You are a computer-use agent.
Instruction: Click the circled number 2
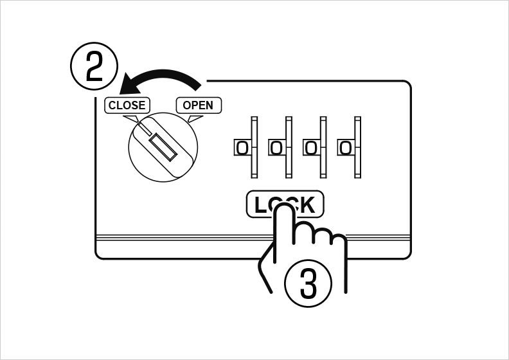94,66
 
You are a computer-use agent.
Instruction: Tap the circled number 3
308,283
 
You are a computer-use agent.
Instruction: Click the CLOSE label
127,105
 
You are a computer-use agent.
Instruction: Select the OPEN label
199,105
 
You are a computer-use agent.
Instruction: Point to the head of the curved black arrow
127,85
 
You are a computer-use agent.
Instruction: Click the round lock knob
163,147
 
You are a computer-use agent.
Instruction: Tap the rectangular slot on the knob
163,147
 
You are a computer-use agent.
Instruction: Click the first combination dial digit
242,148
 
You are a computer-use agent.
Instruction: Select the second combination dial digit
276,148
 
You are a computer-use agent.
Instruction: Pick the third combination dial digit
311,148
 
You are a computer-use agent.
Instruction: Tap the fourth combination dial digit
345,148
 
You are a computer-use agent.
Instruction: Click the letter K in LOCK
306,205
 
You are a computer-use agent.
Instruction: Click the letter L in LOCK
261,205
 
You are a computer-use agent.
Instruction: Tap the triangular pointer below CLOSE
132,119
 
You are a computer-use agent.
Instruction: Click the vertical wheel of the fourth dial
358,147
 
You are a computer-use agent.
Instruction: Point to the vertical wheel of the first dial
254,147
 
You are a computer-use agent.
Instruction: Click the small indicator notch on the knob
145,129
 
